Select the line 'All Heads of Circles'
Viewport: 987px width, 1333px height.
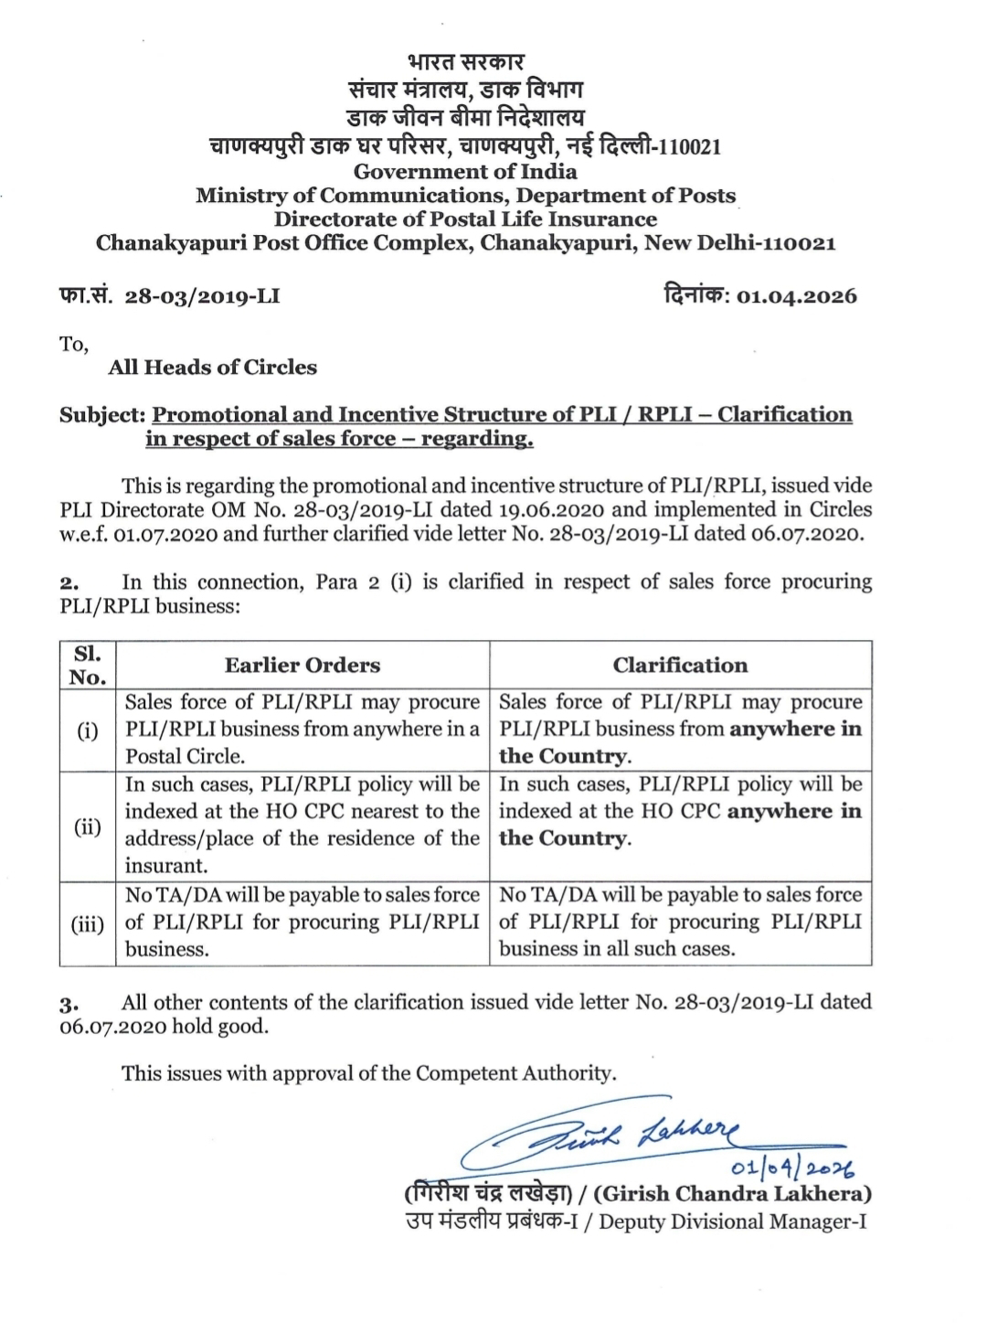tap(212, 368)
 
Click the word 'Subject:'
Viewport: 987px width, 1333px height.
tap(102, 415)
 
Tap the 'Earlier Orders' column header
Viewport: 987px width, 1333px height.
tap(302, 666)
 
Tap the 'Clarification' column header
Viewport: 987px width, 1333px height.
tap(680, 666)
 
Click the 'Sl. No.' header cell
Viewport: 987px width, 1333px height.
tap(88, 666)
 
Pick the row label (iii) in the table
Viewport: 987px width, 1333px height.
tap(88, 923)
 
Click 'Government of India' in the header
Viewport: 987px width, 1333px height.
tap(465, 172)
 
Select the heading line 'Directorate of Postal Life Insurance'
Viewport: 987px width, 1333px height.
tap(465, 219)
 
